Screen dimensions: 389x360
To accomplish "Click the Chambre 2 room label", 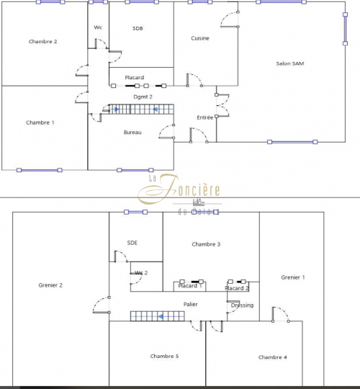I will pyautogui.click(x=42, y=42).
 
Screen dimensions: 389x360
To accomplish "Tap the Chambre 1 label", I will pyautogui.click(x=40, y=122).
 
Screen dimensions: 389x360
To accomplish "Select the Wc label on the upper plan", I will pyautogui.click(x=98, y=28).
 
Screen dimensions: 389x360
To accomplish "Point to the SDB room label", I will pyautogui.click(x=138, y=28).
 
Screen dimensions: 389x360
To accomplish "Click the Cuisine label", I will pyautogui.click(x=200, y=38).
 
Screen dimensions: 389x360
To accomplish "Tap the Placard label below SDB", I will pyautogui.click(x=135, y=78).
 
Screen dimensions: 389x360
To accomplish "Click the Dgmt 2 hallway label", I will pyautogui.click(x=143, y=96).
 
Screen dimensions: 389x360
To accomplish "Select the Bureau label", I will pyautogui.click(x=132, y=133).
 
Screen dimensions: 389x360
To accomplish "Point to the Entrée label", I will pyautogui.click(x=205, y=117).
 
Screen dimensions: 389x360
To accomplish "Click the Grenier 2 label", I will pyautogui.click(x=50, y=285).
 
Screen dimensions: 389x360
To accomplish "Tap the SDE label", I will pyautogui.click(x=132, y=243).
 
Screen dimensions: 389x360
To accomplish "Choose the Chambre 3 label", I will pyautogui.click(x=206, y=244).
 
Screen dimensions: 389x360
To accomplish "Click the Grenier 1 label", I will pyautogui.click(x=293, y=277).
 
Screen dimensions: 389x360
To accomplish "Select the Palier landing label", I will pyautogui.click(x=191, y=304).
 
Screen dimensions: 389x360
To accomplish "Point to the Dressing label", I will pyautogui.click(x=242, y=305).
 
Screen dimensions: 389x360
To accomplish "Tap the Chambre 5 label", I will pyautogui.click(x=164, y=356).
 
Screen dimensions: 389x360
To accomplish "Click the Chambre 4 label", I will pyautogui.click(x=273, y=357).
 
